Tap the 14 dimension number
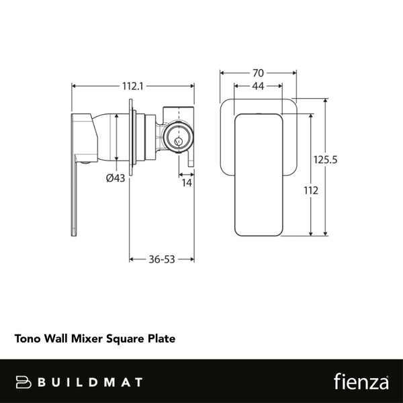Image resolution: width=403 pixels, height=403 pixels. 186,183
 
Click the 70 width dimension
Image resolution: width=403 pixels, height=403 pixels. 257,73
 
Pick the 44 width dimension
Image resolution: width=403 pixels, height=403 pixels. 257,86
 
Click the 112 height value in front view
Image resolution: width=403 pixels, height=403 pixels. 310,190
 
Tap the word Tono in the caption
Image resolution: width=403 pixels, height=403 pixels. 28,339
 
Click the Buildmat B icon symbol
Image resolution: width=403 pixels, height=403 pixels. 25,382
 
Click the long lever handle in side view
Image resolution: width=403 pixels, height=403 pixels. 75,181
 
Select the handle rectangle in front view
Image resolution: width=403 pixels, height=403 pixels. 257,175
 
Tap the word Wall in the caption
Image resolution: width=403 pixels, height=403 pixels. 56,339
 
